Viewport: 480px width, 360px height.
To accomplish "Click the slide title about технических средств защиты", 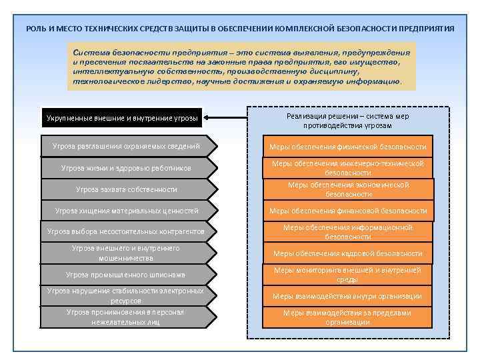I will pyautogui.click(x=240, y=29).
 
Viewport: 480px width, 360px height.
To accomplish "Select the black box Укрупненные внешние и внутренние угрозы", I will pyautogui.click(x=122, y=118).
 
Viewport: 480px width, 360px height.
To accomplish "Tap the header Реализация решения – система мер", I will pyautogui.click(x=347, y=120).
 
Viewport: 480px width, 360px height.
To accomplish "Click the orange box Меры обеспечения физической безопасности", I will pyautogui.click(x=347, y=147).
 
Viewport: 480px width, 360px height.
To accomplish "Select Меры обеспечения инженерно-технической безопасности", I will pyautogui.click(x=347, y=167).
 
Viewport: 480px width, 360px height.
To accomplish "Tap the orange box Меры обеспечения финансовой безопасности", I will pyautogui.click(x=347, y=211).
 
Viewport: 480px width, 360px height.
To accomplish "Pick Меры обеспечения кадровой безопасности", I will pyautogui.click(x=347, y=253).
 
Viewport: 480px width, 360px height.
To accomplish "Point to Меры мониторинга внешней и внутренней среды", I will pyautogui.click(x=347, y=275).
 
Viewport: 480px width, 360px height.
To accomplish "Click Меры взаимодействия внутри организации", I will pyautogui.click(x=347, y=296).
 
